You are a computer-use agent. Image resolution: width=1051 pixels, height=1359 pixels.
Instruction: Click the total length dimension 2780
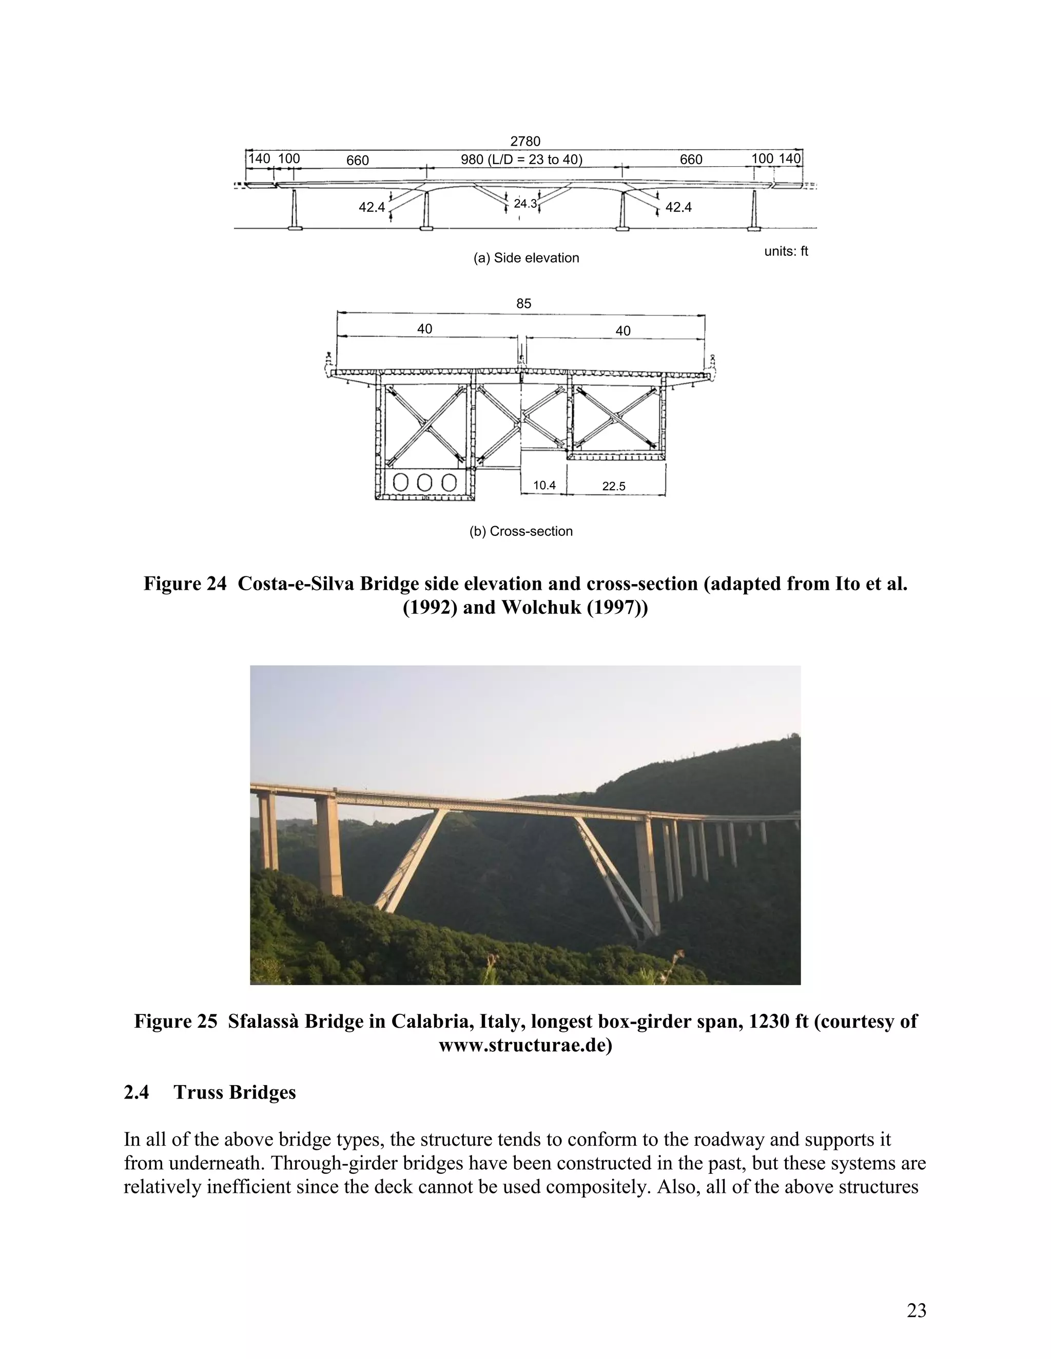click(x=525, y=141)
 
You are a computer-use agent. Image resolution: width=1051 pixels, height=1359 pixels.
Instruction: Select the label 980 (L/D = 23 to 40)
click(x=521, y=159)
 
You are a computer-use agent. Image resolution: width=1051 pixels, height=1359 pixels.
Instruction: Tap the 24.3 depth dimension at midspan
click(x=525, y=204)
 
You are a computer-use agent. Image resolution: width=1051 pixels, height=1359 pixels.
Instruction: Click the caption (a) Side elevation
click(x=526, y=257)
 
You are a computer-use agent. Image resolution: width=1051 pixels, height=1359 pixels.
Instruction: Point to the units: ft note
click(x=786, y=251)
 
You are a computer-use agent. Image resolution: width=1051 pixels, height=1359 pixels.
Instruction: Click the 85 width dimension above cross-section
click(x=523, y=304)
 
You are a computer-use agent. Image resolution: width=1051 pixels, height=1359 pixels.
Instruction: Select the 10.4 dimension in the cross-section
click(x=544, y=485)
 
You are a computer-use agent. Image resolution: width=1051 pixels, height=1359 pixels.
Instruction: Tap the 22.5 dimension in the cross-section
click(x=613, y=486)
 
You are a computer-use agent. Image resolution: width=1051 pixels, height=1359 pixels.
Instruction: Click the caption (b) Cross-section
click(x=520, y=531)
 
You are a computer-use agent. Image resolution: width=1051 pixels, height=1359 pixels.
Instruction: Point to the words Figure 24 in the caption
click(x=185, y=584)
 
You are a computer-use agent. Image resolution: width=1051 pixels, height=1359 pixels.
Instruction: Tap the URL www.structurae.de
click(x=525, y=1045)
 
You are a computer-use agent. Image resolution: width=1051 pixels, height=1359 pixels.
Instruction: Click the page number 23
click(x=916, y=1310)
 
